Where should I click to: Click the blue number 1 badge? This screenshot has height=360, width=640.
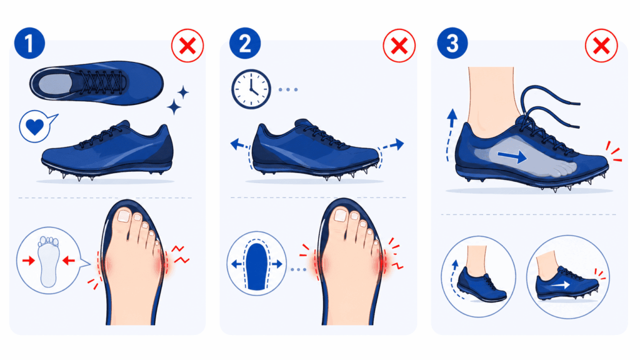(29, 43)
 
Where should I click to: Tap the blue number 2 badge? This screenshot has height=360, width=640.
(245, 43)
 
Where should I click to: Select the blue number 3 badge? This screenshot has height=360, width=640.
(452, 43)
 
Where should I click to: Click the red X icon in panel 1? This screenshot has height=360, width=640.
(187, 46)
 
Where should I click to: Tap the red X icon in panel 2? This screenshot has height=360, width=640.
(399, 46)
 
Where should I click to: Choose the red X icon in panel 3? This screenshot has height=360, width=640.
(601, 46)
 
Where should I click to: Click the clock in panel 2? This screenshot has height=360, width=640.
(251, 89)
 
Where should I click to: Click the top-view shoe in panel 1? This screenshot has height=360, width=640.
(96, 83)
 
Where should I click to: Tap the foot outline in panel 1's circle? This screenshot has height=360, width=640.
(49, 261)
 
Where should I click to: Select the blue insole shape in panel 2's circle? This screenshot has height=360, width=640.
(256, 267)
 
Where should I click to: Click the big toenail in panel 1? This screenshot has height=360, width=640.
(123, 216)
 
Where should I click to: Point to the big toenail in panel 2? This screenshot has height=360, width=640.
(340, 216)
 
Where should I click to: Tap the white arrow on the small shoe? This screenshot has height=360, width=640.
(561, 285)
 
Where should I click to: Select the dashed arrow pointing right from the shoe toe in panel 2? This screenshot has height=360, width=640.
(391, 146)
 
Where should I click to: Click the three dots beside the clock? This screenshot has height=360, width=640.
(288, 89)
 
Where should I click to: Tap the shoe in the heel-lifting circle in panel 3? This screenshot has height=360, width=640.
(482, 285)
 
